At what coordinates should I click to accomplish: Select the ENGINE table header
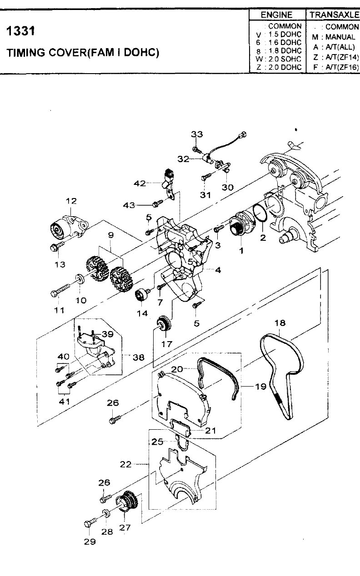pos(277,15)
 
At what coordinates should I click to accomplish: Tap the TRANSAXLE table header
pos(334,15)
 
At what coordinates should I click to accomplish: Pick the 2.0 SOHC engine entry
pos(279,59)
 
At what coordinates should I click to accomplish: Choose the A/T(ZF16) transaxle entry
pos(336,67)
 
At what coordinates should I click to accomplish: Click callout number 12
pos(71,201)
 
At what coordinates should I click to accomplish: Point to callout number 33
pos(197,134)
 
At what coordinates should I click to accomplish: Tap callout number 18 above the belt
pos(280,323)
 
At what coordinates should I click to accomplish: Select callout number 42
pos(140,184)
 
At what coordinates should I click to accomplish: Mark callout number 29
pos(90,541)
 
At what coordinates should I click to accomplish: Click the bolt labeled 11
pos(60,290)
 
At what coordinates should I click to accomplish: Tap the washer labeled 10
pos(80,279)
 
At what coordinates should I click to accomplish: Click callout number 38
pos(139,357)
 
